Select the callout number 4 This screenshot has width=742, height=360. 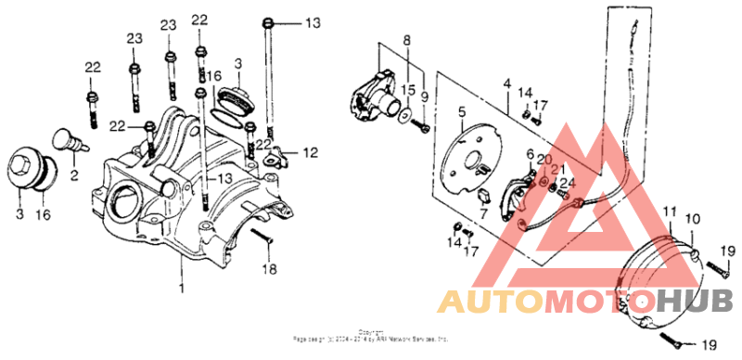click(x=506, y=85)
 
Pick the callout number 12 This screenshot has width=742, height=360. click(x=310, y=151)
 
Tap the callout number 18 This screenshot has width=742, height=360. click(x=270, y=270)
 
